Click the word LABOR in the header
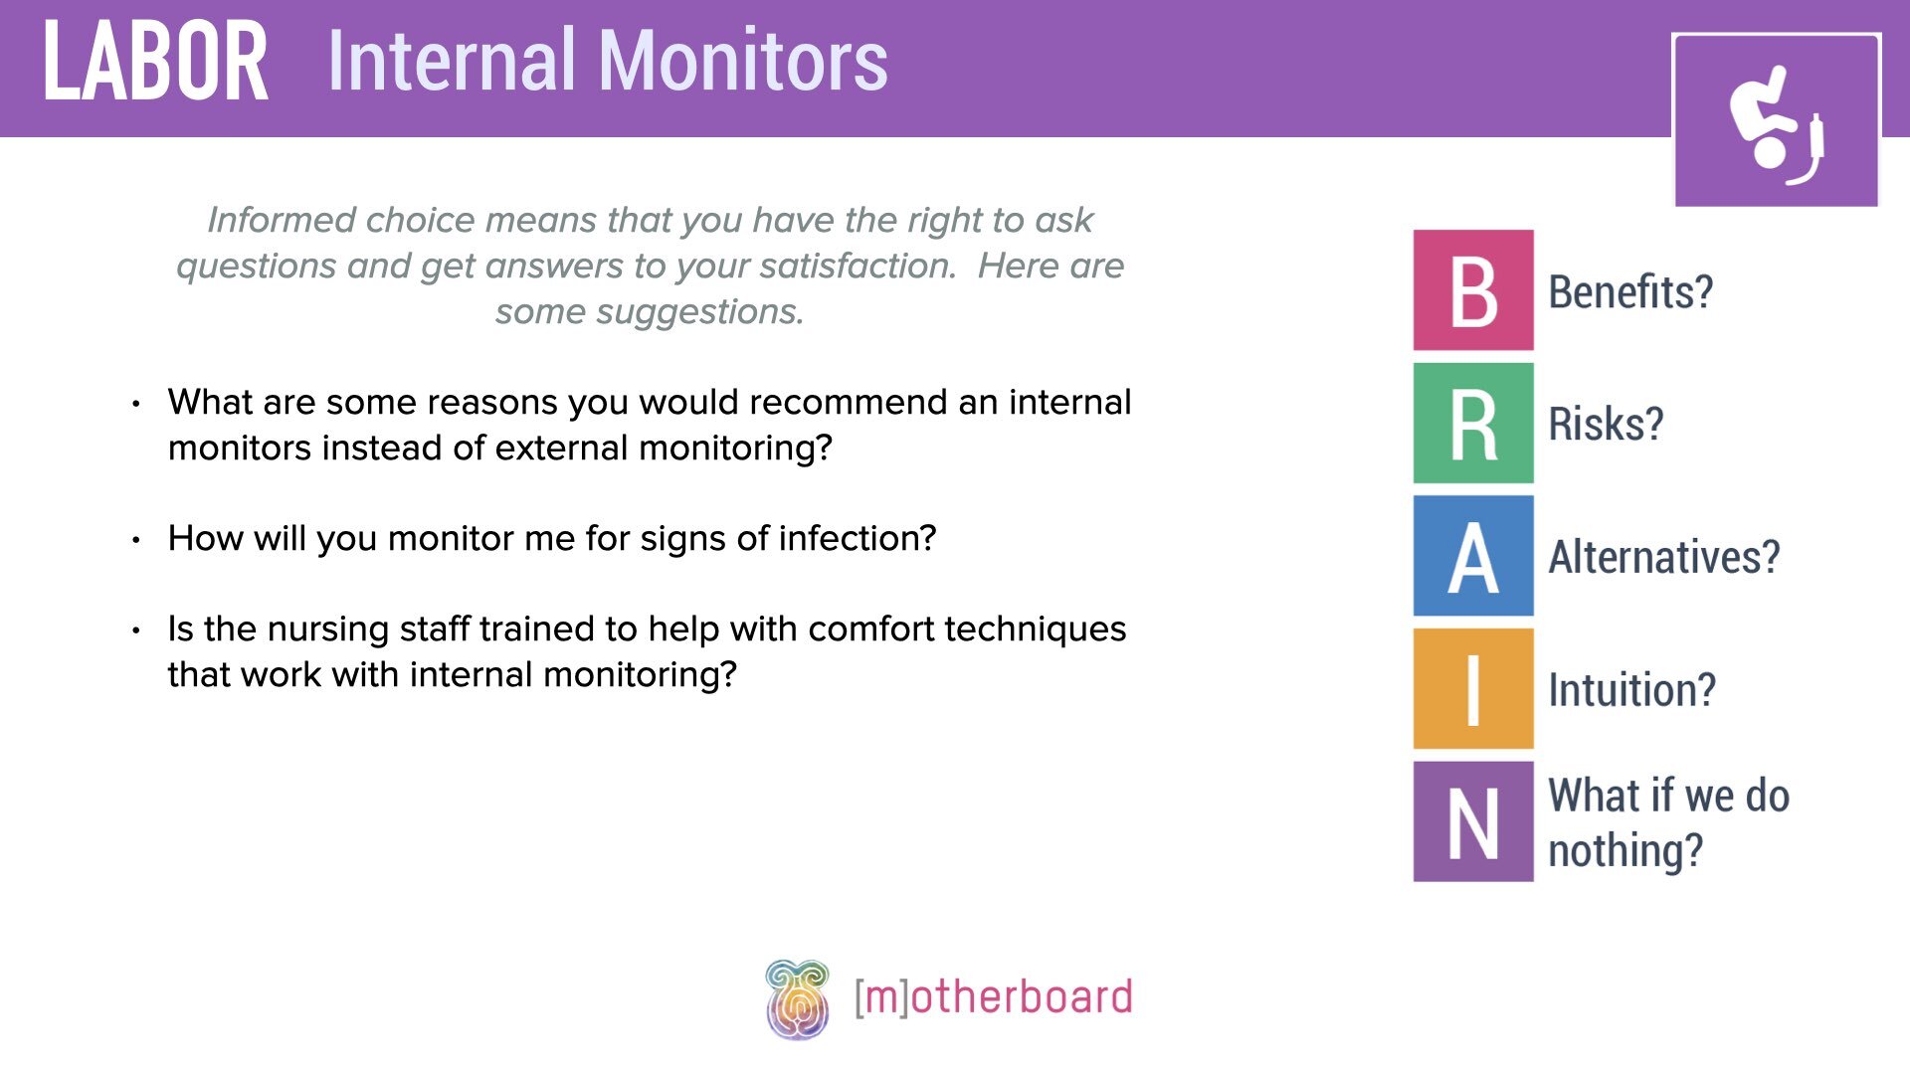[155, 62]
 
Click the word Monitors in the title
[743, 62]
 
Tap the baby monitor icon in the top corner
[1776, 120]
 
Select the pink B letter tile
[1473, 290]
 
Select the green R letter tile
[1473, 424]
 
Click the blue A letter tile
[1473, 556]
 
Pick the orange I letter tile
[1473, 688]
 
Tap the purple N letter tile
[1473, 821]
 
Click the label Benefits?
[1630, 292]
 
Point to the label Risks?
[1606, 425]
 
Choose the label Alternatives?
[1663, 557]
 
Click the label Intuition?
[1631, 690]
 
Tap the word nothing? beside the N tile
[1625, 851]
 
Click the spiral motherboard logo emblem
[797, 999]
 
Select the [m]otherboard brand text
[993, 997]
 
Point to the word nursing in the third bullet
[327, 630]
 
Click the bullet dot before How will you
[136, 540]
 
